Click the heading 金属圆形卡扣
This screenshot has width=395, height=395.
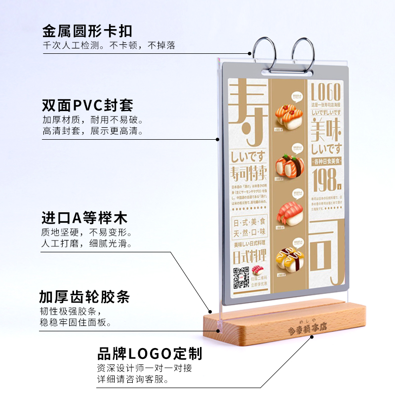tap(87, 32)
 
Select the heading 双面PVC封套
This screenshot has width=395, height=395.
tap(87, 106)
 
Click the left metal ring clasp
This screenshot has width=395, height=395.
tap(264, 53)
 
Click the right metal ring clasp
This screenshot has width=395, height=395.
tap(302, 53)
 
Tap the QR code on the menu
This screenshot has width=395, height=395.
tap(240, 277)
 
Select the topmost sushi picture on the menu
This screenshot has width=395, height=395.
tap(289, 115)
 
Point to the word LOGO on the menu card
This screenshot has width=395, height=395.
tap(326, 93)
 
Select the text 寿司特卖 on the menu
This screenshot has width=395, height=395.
tap(249, 173)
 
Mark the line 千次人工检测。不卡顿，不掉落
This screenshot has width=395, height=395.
tap(109, 46)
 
